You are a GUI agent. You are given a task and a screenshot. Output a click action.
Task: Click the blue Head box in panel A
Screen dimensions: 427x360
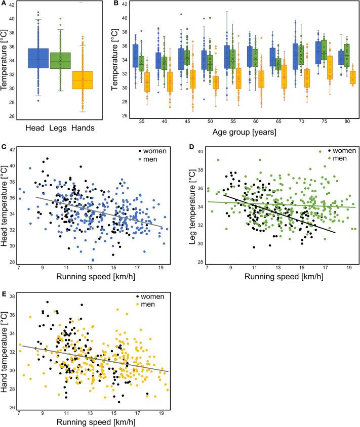pos(37,65)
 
